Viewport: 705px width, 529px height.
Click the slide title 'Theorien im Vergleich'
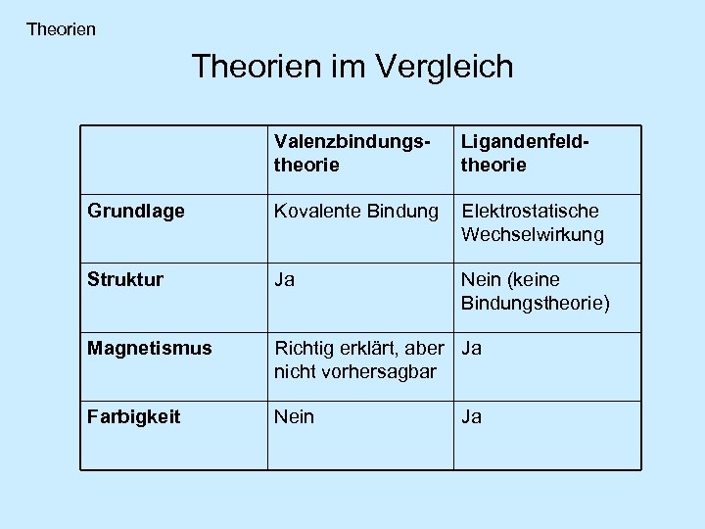[352, 67]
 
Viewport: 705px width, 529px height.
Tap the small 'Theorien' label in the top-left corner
[62, 29]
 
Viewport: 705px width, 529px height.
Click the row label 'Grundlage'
[136, 211]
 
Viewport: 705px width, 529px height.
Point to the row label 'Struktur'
[126, 279]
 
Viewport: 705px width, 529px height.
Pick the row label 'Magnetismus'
[150, 348]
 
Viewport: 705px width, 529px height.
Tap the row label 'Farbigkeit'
[133, 416]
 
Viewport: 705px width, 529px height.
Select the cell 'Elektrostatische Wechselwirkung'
[533, 222]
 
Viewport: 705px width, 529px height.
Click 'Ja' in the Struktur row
[285, 279]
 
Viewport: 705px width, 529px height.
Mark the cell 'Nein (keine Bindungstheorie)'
[535, 291]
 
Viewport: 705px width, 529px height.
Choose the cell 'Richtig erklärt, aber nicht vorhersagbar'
[358, 360]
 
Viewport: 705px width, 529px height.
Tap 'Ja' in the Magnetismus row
[472, 348]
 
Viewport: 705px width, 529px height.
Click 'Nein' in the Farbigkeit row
[295, 416]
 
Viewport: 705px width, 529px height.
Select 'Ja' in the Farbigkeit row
[472, 416]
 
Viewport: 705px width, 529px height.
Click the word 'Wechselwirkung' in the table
[533, 235]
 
